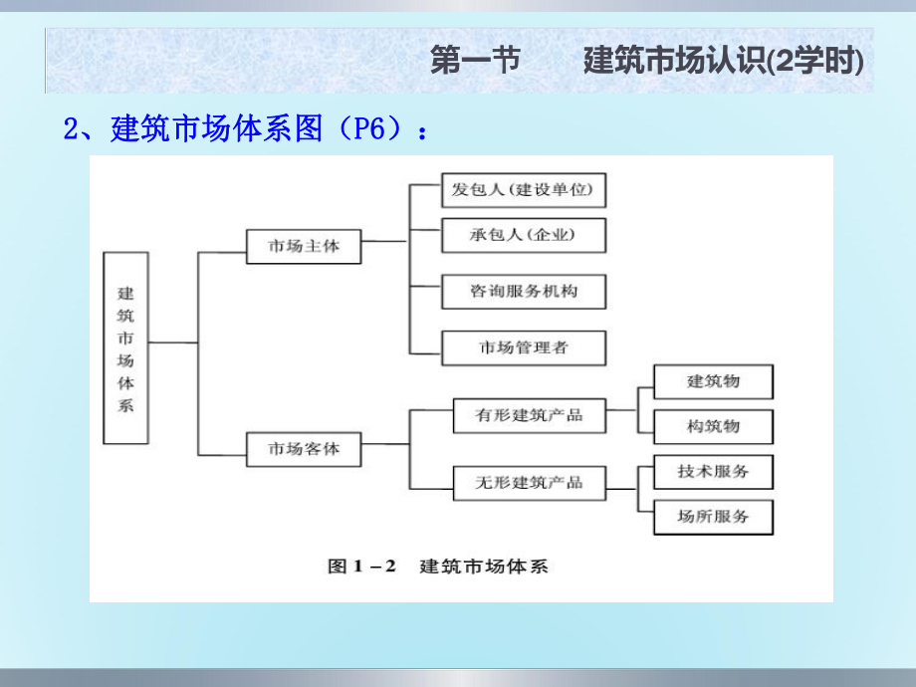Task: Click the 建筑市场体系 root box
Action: point(125,347)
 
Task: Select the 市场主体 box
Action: point(304,245)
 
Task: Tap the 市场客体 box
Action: point(304,448)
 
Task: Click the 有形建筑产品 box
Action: point(530,415)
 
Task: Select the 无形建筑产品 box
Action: point(530,483)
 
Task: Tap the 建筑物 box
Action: point(713,381)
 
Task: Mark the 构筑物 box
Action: point(713,426)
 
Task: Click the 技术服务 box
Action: point(713,471)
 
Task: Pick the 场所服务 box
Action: point(713,516)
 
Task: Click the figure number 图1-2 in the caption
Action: point(362,567)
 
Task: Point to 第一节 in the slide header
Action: point(475,62)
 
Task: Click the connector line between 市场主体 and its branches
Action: point(384,240)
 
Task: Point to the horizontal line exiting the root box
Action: point(173,343)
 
